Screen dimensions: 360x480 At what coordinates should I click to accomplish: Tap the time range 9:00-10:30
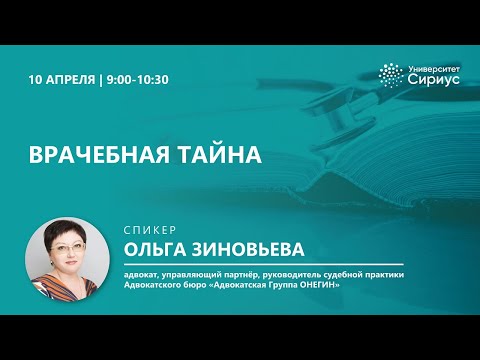click(x=138, y=77)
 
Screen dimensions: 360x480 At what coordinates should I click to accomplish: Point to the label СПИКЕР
click(x=148, y=228)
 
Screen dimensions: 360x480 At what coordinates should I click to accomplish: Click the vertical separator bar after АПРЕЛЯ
click(x=101, y=77)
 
